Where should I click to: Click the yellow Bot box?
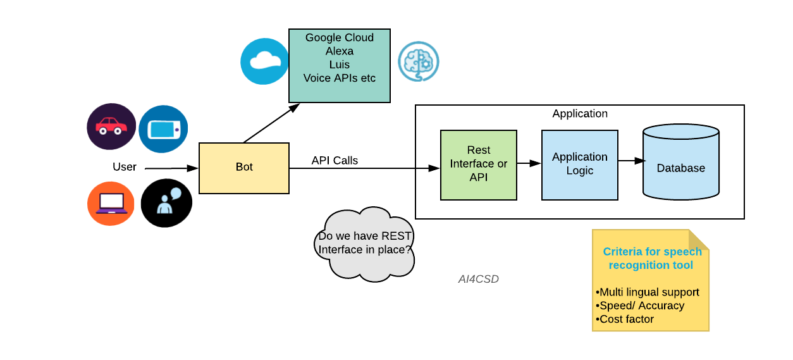244,168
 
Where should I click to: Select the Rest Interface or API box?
479,164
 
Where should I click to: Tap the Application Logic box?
579,164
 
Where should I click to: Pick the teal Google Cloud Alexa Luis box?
340,66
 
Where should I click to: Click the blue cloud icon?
264,61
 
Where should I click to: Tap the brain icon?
418,61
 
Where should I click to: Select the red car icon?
111,127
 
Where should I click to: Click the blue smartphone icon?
163,129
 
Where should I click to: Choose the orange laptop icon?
111,203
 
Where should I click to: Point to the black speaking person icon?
166,202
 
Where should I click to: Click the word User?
125,167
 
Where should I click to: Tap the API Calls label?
335,161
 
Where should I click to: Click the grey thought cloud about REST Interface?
365,244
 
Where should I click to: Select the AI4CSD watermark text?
479,279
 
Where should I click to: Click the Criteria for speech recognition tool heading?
652,258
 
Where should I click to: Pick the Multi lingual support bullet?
648,292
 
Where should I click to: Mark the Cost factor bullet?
625,319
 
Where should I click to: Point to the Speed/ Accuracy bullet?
640,306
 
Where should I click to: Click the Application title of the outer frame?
580,114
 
